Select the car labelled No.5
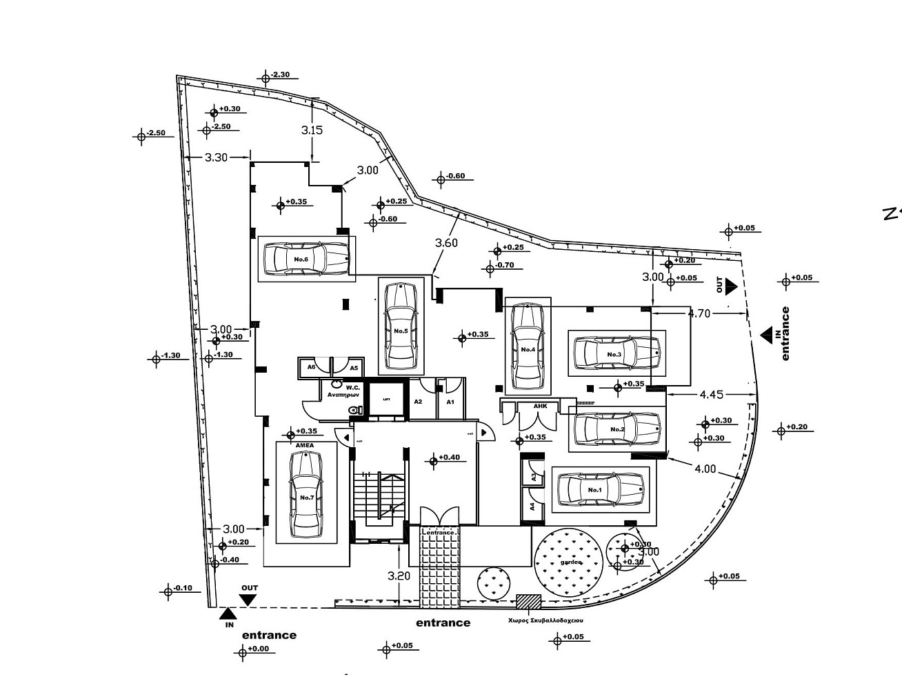pos(401,326)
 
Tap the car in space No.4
pos(528,342)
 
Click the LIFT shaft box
pos(385,399)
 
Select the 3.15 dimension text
pos(312,130)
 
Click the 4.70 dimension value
pos(699,313)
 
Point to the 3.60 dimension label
pos(446,243)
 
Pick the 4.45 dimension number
pos(711,395)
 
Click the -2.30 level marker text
pos(281,75)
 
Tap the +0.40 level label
pos(449,457)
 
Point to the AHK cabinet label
pos(541,406)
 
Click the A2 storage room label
pos(418,402)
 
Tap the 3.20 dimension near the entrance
pos(399,576)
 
